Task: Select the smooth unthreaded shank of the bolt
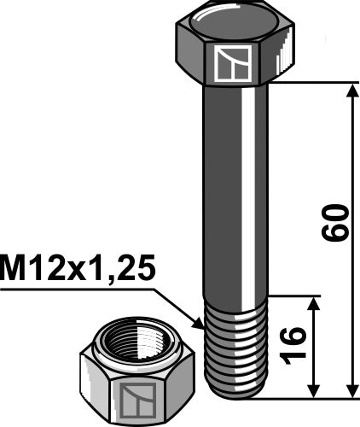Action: [x=233, y=188]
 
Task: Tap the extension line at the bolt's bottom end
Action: [x=307, y=398]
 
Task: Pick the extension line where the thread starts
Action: [x=294, y=296]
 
